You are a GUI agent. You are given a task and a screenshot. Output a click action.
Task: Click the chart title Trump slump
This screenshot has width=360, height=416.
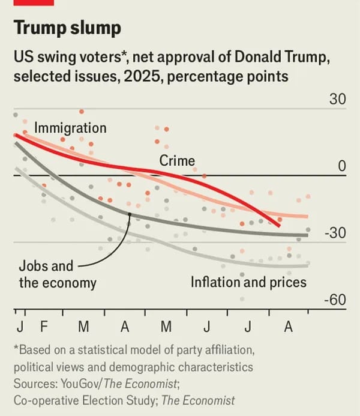pos(67,28)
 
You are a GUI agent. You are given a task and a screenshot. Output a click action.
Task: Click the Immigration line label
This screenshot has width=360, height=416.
pos(70,128)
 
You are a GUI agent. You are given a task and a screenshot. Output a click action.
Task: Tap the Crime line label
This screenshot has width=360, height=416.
pos(177,160)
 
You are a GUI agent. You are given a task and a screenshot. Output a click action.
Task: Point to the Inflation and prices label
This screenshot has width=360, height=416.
pos(248,282)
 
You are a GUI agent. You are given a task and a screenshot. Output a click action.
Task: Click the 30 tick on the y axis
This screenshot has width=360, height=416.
pos(337,99)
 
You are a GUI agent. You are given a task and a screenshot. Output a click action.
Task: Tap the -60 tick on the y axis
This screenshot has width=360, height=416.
pos(336,300)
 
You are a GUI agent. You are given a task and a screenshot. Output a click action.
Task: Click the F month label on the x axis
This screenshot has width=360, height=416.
pos(43,327)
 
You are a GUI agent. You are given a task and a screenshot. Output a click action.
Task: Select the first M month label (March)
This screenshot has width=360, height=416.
pos(84,327)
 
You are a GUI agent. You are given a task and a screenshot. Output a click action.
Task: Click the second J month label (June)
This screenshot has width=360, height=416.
pos(207,327)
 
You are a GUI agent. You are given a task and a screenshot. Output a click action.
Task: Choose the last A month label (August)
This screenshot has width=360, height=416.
pos(288,327)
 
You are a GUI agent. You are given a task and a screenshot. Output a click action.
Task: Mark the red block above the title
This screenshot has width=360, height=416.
pos(34,2)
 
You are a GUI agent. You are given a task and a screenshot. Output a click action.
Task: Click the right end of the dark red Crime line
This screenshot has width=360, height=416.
pos(279,226)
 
